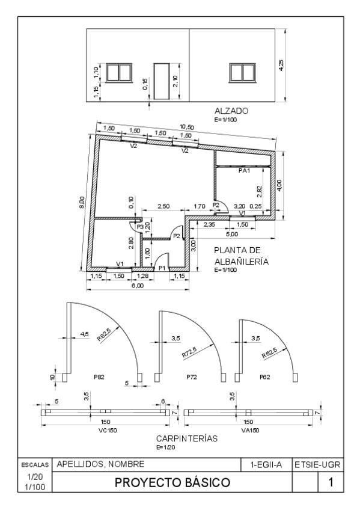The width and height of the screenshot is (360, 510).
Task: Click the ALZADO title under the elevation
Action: click(x=231, y=111)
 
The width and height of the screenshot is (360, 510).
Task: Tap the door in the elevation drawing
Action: click(x=162, y=81)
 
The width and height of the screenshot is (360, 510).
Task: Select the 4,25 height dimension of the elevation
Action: click(x=281, y=65)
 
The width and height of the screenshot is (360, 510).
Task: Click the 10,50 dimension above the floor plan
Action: click(x=187, y=127)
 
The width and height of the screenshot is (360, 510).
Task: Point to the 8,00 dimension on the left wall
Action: click(x=82, y=202)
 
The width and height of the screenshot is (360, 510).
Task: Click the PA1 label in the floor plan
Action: click(x=245, y=170)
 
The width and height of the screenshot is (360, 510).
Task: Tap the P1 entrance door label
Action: click(x=162, y=268)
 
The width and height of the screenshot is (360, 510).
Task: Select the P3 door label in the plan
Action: click(x=140, y=227)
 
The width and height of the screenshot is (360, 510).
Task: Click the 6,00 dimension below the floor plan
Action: click(x=138, y=286)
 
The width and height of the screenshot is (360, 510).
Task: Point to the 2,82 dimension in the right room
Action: click(x=259, y=192)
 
